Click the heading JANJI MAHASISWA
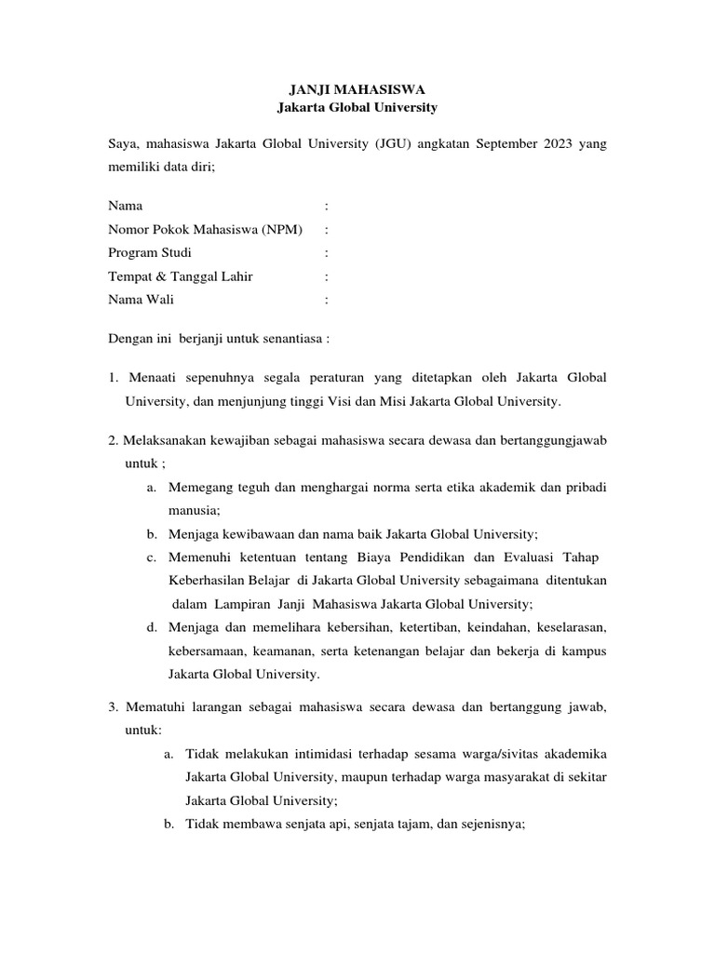tap(357, 90)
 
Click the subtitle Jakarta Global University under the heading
tap(357, 108)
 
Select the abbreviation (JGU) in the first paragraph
tap(400, 144)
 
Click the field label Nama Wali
tap(141, 300)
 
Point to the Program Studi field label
tap(151, 252)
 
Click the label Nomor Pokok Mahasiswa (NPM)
tap(206, 229)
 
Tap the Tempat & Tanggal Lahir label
tap(181, 276)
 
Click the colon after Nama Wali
tap(326, 300)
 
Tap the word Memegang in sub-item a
tap(196, 488)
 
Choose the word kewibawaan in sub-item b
tap(243, 534)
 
